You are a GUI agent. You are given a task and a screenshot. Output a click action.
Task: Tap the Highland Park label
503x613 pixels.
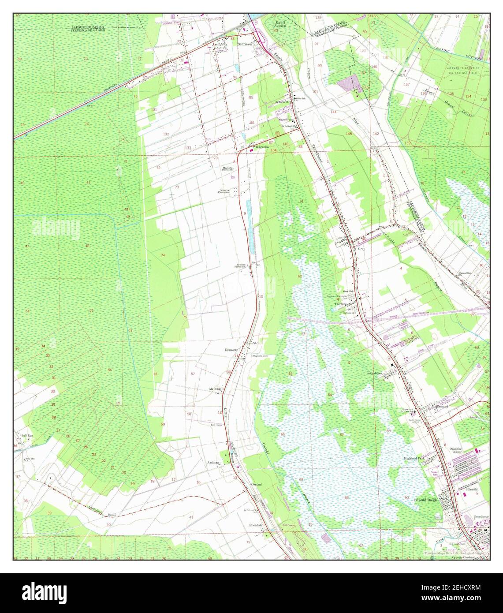click(414, 459)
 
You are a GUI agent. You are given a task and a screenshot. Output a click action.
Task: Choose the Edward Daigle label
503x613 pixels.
click(426, 500)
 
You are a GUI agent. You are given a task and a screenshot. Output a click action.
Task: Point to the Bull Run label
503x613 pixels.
click(27, 435)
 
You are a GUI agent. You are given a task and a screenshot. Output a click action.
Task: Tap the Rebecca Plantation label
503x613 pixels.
click(240, 266)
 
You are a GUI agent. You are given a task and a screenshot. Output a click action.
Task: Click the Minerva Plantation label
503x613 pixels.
click(225, 192)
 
